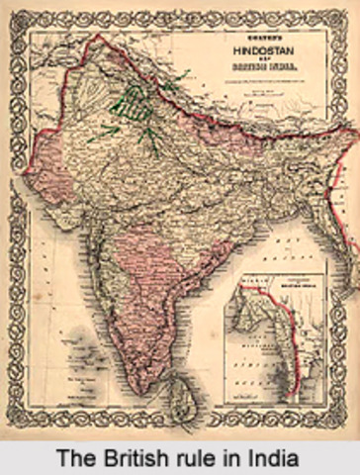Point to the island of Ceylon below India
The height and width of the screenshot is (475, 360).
pos(179,402)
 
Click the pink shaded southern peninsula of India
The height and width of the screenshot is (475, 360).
pos(148,287)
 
